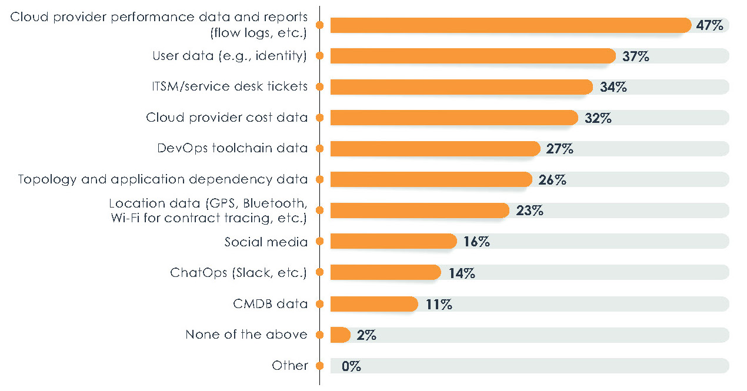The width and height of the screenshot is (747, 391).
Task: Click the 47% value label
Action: point(711,25)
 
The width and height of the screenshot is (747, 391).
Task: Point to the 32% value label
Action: point(598,118)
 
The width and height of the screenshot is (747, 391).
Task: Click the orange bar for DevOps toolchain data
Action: point(435,149)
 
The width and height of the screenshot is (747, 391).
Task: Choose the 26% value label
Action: point(552,179)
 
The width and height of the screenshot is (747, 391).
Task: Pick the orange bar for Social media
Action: point(393,241)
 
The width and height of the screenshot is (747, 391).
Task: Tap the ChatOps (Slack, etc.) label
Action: point(239,273)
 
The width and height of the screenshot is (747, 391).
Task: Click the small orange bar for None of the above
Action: point(340,335)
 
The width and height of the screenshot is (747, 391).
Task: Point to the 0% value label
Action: point(351,366)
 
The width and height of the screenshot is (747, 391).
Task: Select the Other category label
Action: point(290,366)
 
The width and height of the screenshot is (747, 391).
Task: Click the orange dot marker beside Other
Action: point(319,366)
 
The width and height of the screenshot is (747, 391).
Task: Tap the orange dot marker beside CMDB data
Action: point(319,304)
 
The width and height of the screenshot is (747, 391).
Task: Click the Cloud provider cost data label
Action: point(227,118)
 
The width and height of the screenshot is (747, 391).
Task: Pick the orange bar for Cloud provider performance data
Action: point(510,25)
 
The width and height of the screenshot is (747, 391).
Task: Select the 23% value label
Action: point(529,210)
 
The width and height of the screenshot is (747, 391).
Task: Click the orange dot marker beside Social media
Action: point(319,242)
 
